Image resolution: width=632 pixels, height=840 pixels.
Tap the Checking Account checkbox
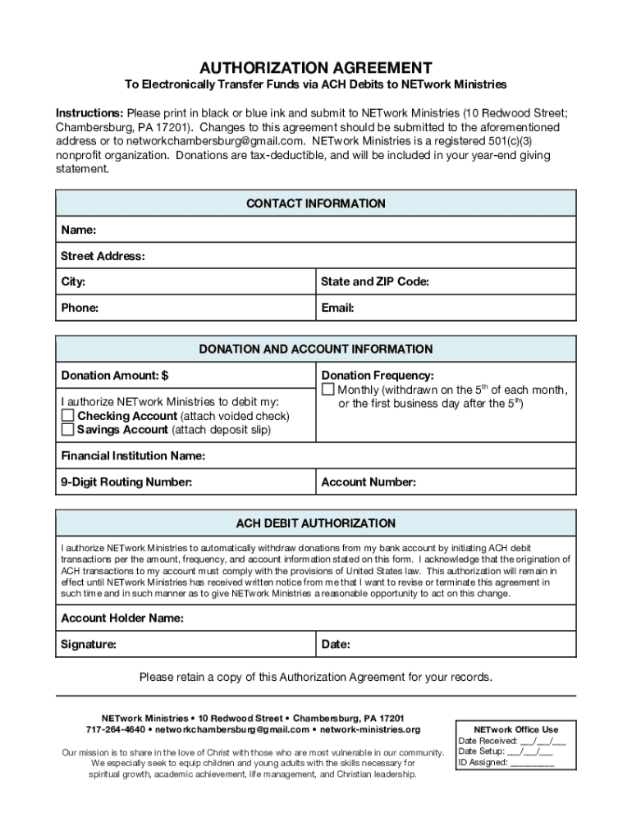[x=67, y=416]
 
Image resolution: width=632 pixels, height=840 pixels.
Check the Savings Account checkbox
[x=67, y=430]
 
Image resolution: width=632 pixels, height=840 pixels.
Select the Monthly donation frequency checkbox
[x=328, y=389]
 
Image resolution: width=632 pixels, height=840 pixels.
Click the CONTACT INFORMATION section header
[x=316, y=203]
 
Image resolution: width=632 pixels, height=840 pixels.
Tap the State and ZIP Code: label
[x=375, y=282]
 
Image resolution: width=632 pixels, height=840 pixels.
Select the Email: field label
[x=337, y=308]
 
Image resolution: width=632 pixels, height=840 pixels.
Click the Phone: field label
[x=80, y=308]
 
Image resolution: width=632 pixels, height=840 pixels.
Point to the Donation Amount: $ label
[x=114, y=376]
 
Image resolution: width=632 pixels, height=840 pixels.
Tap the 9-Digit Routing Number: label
[x=126, y=482]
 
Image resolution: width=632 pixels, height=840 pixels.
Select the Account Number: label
[x=369, y=482]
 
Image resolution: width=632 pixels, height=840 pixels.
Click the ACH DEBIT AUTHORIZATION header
[x=316, y=523]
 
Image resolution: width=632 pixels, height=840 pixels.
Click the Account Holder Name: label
[x=122, y=619]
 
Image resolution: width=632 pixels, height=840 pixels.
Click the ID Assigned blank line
[x=532, y=762]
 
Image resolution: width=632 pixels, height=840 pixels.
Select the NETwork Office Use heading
[x=516, y=729]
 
